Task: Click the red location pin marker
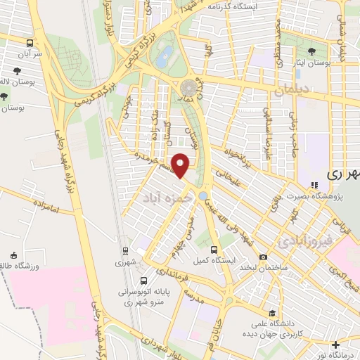pyautogui.click(x=181, y=166)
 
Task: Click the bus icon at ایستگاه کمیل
pyautogui.click(x=215, y=249)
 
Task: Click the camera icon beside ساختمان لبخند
pyautogui.click(x=264, y=257)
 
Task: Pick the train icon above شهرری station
pyautogui.click(x=125, y=251)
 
